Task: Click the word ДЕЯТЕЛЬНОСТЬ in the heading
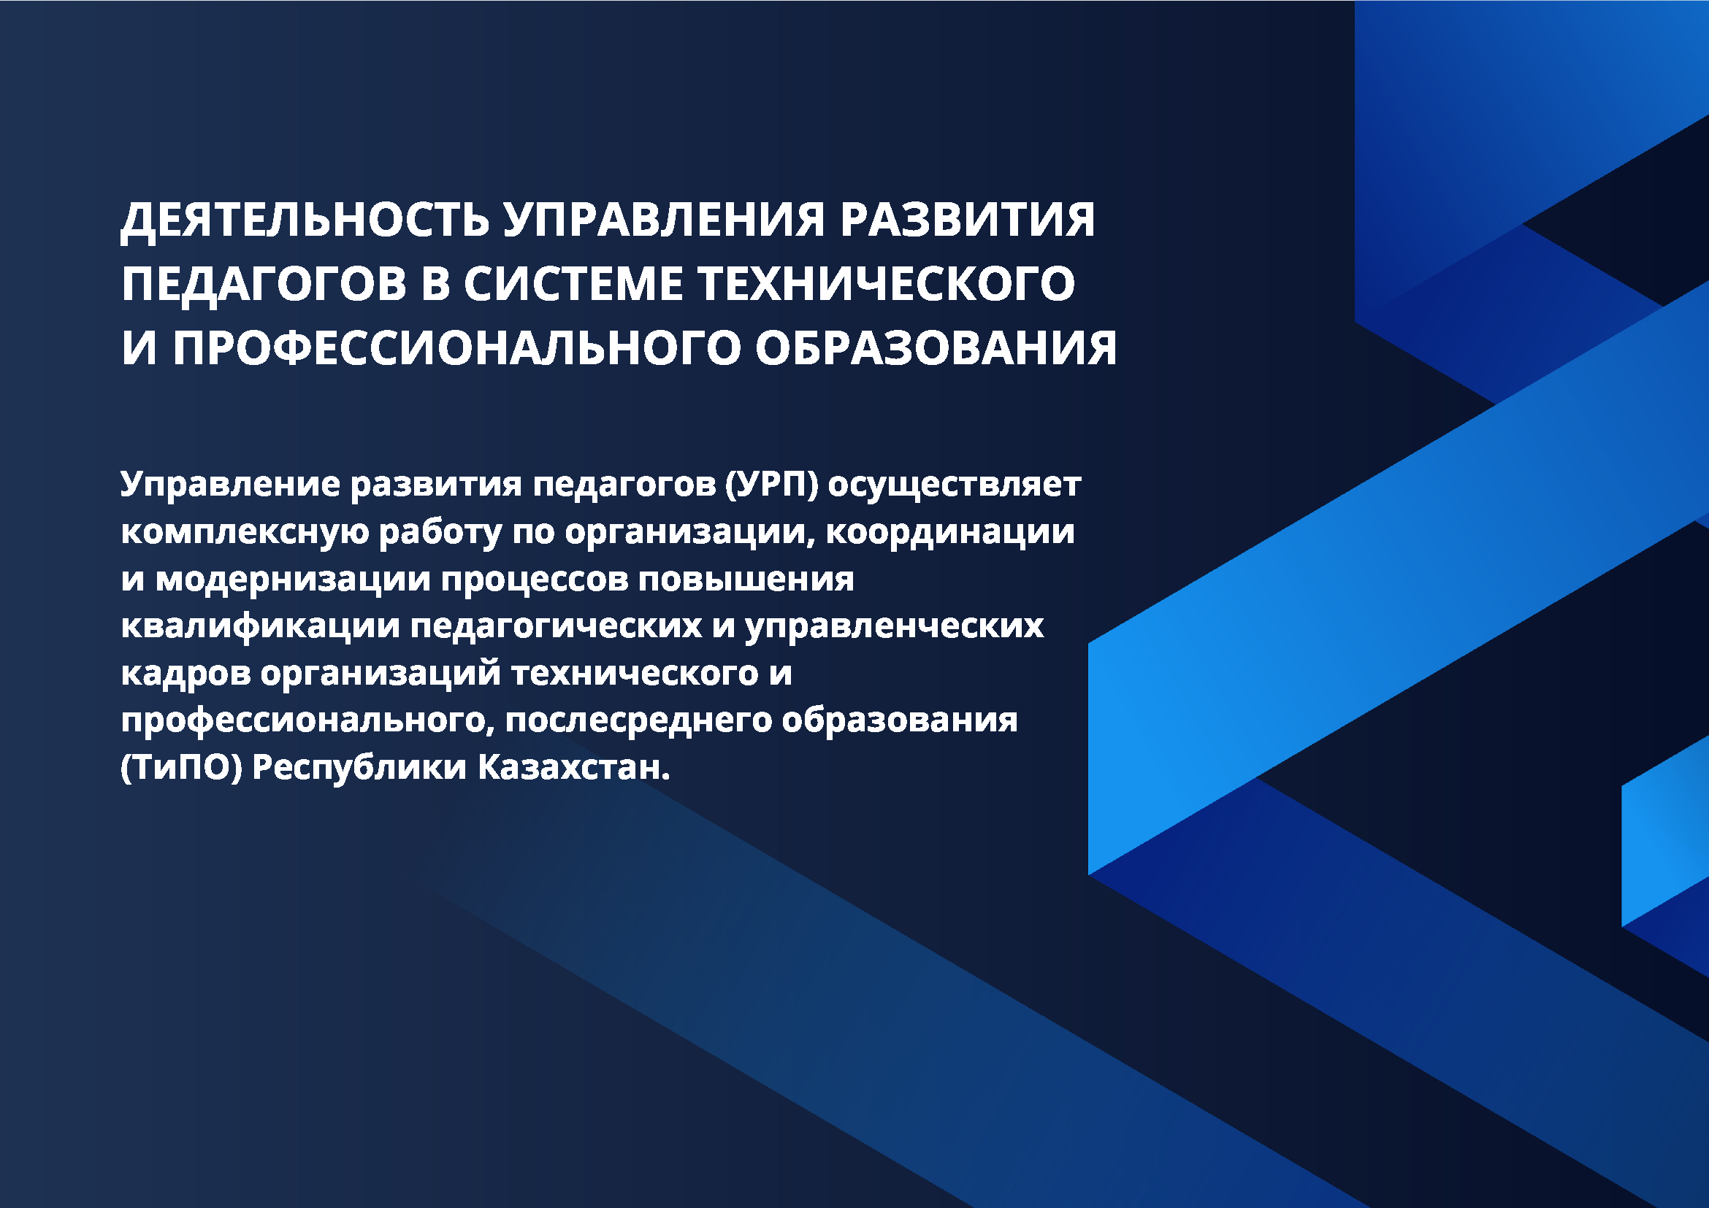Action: click(x=305, y=222)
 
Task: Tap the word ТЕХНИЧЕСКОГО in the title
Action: click(x=887, y=284)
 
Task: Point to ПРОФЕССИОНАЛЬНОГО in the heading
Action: click(x=456, y=348)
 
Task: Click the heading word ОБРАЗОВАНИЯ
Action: click(x=936, y=348)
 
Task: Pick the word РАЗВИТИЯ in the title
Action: click(x=968, y=220)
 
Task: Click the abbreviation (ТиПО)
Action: click(x=182, y=768)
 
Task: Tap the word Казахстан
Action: click(x=574, y=766)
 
